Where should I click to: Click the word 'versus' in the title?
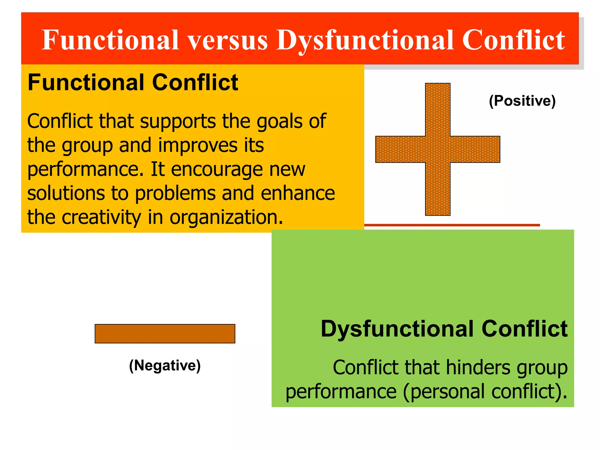point(228,40)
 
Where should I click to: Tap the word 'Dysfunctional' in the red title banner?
point(366,40)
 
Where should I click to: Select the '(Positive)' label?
point(522,101)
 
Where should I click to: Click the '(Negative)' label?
point(165,366)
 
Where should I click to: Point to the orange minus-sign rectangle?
point(165,334)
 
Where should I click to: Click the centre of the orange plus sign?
point(438,149)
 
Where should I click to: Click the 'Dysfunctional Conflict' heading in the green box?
point(444,329)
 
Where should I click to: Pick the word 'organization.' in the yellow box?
point(226,217)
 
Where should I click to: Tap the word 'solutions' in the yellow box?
point(66,193)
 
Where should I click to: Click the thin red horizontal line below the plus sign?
point(452,225)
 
